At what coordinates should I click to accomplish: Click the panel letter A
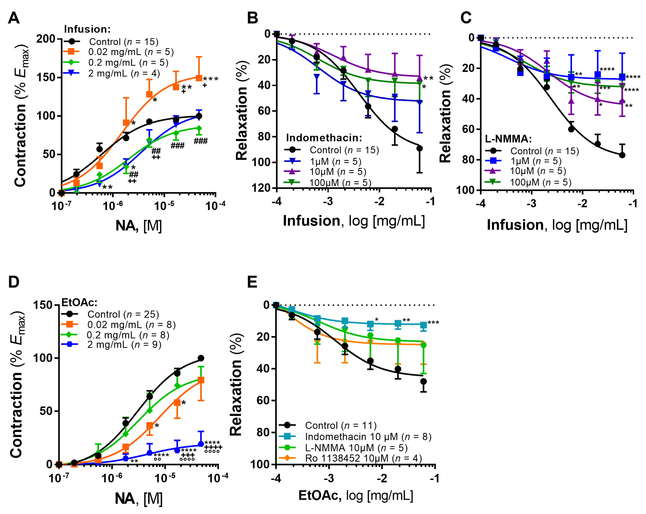(x=14, y=18)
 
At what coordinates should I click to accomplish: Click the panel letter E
(x=252, y=282)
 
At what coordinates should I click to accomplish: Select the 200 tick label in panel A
(x=45, y=39)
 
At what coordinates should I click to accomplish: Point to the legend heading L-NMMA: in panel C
(x=508, y=139)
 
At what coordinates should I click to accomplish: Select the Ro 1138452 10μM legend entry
(x=363, y=458)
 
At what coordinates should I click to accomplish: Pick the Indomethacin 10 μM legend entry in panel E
(x=368, y=437)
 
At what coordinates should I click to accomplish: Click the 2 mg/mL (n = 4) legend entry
(x=124, y=73)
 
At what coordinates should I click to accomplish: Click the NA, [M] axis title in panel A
(x=139, y=226)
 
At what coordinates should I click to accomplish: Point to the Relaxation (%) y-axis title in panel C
(x=446, y=113)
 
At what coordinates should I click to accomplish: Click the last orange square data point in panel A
(x=199, y=78)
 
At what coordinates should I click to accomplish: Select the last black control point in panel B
(x=419, y=148)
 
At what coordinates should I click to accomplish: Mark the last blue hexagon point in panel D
(x=201, y=444)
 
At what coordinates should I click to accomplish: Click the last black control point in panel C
(x=622, y=155)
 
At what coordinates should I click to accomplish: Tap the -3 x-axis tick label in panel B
(x=328, y=201)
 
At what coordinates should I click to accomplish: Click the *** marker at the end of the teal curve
(x=433, y=323)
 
